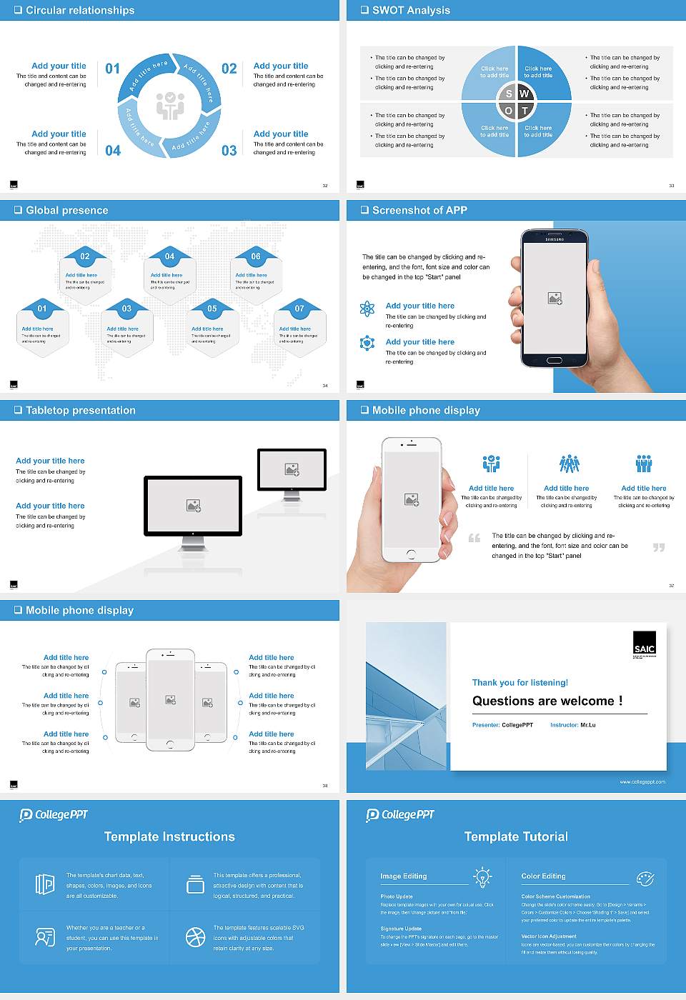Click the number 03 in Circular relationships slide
click(x=229, y=150)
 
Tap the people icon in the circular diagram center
click(x=170, y=105)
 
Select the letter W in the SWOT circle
click(x=524, y=94)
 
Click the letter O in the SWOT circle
click(x=508, y=111)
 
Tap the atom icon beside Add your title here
click(x=367, y=309)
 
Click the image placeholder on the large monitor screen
click(x=193, y=506)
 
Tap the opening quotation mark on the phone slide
click(x=474, y=538)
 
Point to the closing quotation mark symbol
click(x=658, y=547)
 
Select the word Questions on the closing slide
click(x=507, y=701)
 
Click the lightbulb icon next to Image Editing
click(x=482, y=876)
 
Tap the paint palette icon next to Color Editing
click(x=645, y=877)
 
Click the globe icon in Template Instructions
click(x=195, y=937)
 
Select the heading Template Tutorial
click(x=516, y=836)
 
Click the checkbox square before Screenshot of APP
click(x=365, y=210)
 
